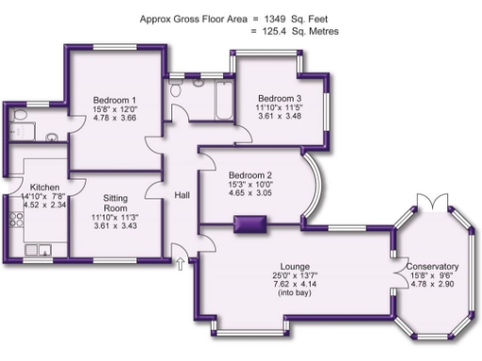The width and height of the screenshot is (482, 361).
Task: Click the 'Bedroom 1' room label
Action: pos(115,101)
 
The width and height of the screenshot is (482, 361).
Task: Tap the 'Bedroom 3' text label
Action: pos(280,99)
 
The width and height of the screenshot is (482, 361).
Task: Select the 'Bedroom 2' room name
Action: pos(249,175)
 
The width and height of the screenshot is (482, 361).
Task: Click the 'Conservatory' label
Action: pos(433,266)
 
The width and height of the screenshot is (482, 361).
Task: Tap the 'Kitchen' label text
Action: pos(44,187)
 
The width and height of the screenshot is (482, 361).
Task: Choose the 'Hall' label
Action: pos(183,196)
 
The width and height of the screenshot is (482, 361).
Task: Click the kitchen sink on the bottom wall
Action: pos(40,249)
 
